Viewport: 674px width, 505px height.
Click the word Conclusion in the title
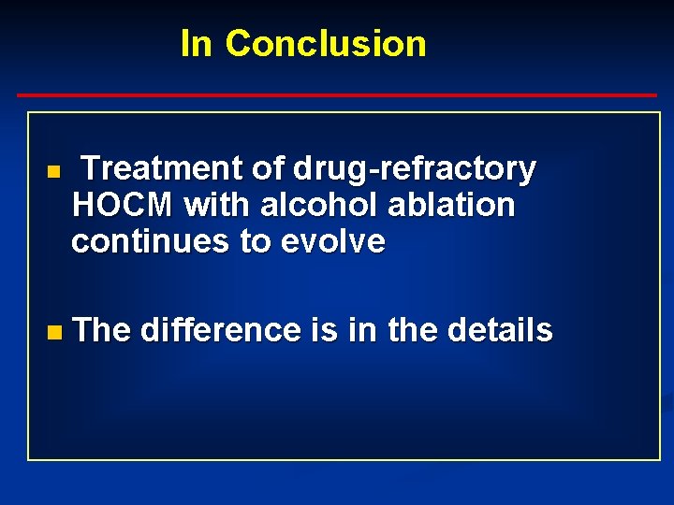click(x=325, y=43)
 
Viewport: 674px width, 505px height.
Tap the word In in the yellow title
click(x=197, y=43)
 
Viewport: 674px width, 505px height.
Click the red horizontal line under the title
click(x=337, y=95)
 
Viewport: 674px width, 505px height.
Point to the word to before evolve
click(x=256, y=241)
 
